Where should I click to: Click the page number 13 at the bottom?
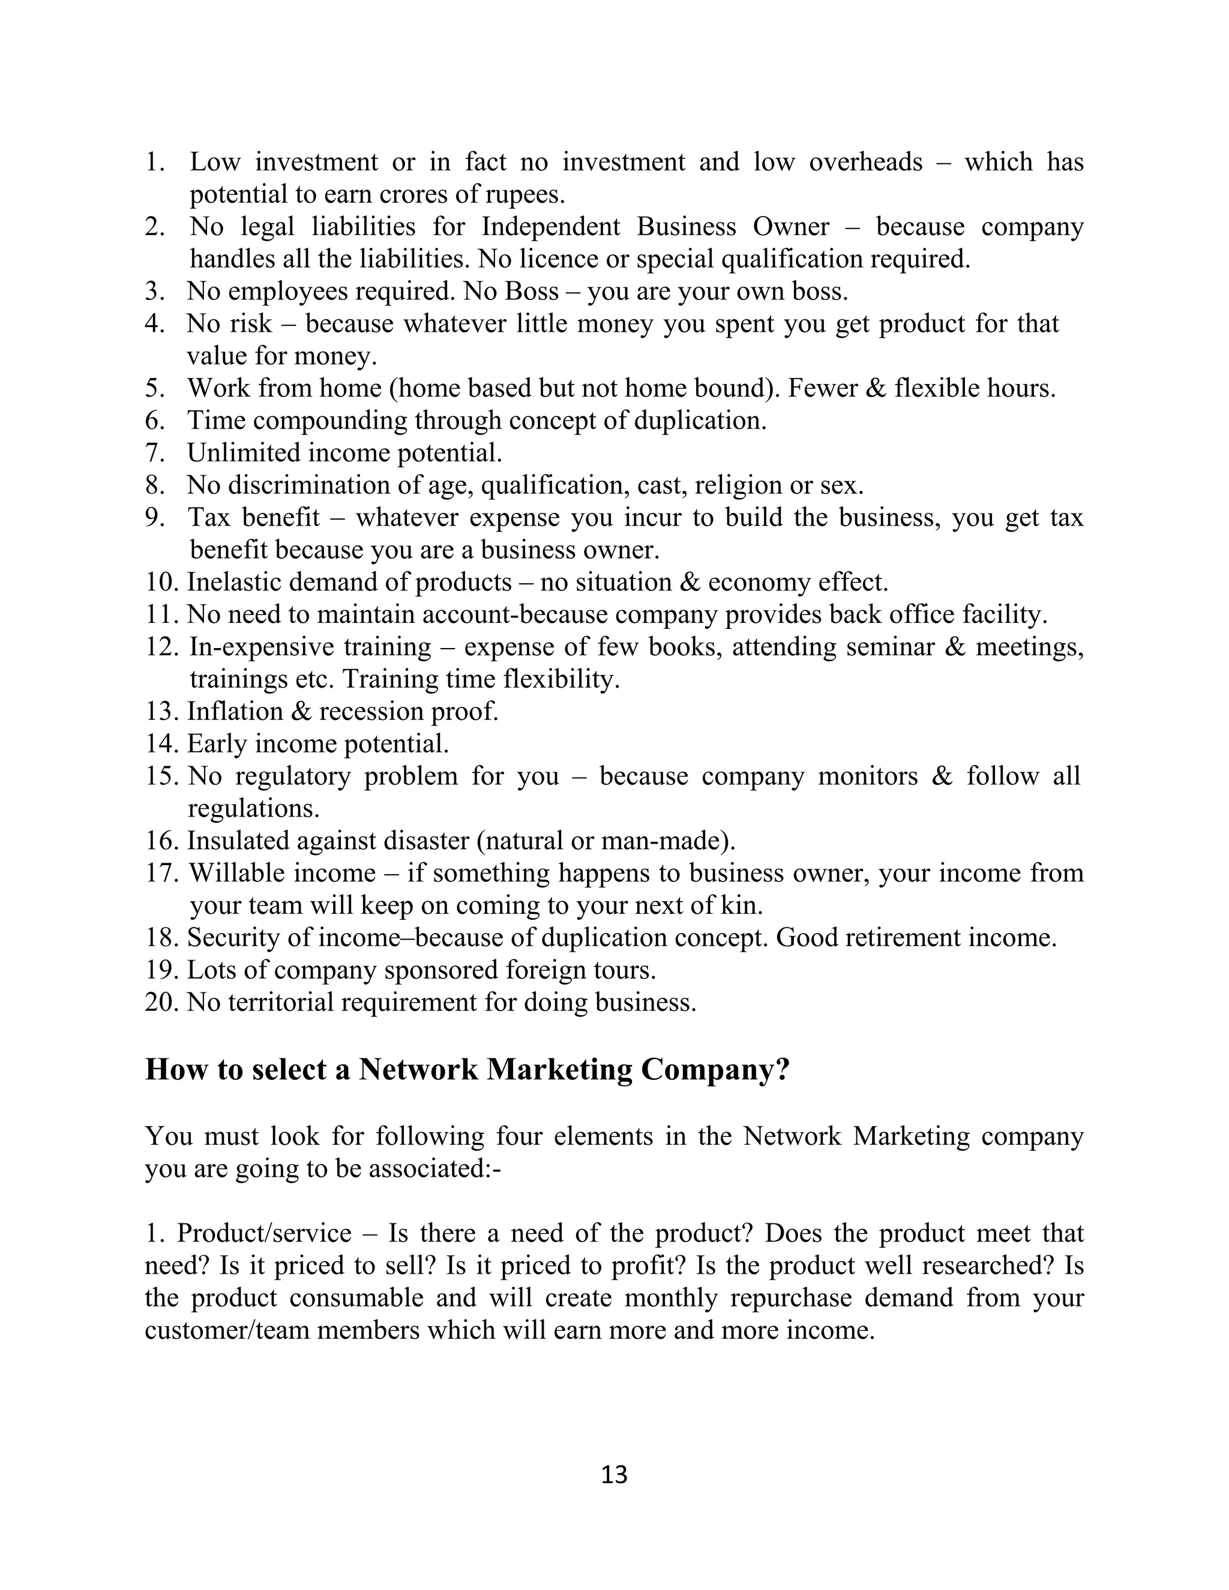coord(614,1475)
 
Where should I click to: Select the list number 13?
coord(161,711)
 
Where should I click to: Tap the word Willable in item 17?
coord(233,873)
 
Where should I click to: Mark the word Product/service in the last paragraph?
coord(264,1233)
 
